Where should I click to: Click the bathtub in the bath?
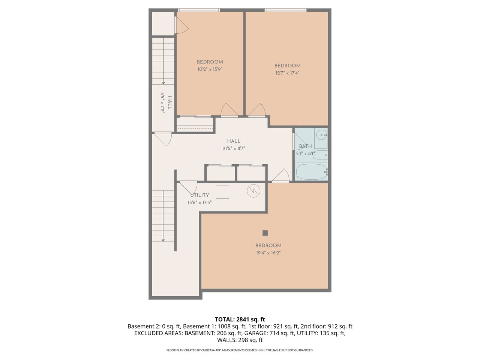pyautogui.click(x=311, y=172)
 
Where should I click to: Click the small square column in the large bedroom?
pyautogui.click(x=265, y=233)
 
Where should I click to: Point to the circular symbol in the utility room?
pyautogui.click(x=253, y=191)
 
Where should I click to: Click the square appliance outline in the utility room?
pyautogui.click(x=222, y=192)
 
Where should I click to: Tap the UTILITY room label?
pyautogui.click(x=199, y=195)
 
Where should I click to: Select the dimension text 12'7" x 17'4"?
pyautogui.click(x=287, y=73)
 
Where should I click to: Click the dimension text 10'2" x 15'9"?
pyautogui.click(x=210, y=69)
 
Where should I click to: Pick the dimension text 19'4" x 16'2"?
pyautogui.click(x=268, y=253)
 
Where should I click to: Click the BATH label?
pyautogui.click(x=305, y=146)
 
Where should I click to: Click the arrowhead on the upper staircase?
pyautogui.click(x=163, y=83)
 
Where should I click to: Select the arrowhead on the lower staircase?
pyautogui.click(x=163, y=240)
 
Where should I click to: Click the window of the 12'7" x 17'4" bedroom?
pyautogui.click(x=285, y=10)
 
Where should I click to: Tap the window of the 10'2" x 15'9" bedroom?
pyautogui.click(x=198, y=10)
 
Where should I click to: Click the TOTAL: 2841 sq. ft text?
pyautogui.click(x=240, y=319)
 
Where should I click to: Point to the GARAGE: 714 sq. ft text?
pyautogui.click(x=268, y=333)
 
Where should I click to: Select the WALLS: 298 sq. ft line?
pyautogui.click(x=240, y=340)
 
